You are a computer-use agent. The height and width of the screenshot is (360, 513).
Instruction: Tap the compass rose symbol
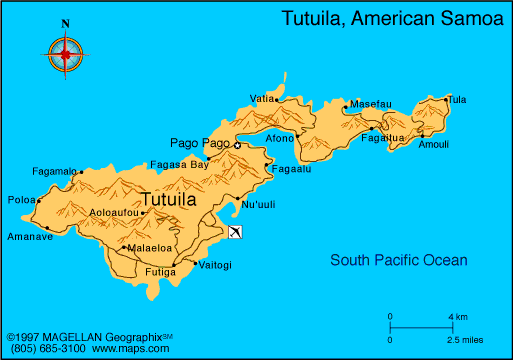click(66, 53)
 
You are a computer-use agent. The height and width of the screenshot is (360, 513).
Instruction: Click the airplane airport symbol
click(234, 233)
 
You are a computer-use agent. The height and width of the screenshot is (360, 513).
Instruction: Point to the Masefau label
click(369, 104)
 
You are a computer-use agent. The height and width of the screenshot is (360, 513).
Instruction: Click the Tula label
click(457, 99)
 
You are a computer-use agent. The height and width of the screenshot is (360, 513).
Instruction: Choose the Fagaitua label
click(383, 138)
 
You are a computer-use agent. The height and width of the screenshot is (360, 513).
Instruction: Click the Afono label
click(280, 137)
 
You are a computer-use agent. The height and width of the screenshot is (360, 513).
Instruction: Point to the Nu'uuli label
click(258, 205)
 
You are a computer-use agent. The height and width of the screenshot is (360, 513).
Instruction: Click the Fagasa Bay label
click(179, 163)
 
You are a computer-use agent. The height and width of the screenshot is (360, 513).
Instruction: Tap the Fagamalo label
click(54, 171)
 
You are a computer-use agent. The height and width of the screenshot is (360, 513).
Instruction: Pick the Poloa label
click(20, 199)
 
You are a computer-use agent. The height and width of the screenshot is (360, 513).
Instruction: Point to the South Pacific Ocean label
click(399, 261)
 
